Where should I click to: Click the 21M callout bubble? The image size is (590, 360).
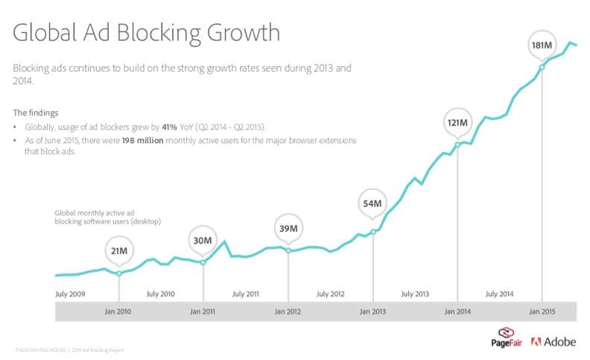coord(119,251)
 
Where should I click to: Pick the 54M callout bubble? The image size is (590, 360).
coord(372,203)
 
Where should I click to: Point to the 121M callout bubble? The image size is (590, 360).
coord(457,122)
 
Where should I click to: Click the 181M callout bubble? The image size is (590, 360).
coord(542,45)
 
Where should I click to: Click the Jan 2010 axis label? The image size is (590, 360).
coord(119,311)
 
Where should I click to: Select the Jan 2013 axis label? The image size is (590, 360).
coord(372,311)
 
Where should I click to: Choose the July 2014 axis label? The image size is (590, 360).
coord(499,294)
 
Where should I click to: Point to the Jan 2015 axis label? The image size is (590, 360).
coord(542,311)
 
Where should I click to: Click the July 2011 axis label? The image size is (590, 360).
coord(245,294)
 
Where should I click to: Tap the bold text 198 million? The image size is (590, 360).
coord(145,140)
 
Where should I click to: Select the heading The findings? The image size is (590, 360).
coord(35,113)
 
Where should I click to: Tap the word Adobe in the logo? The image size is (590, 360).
coord(559,342)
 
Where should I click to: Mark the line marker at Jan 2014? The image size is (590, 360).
coord(457,145)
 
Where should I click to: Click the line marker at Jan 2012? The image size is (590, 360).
coord(288,249)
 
